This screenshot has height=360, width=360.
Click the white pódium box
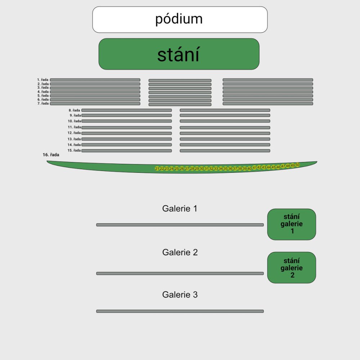click(x=180, y=19)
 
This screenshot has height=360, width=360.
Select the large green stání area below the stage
click(x=179, y=54)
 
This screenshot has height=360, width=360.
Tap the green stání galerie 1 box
click(x=292, y=224)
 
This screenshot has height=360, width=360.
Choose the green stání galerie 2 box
click(x=292, y=267)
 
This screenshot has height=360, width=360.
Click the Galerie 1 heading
click(x=180, y=208)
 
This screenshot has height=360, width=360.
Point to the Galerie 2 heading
click(x=180, y=252)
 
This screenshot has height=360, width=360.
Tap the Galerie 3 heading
click(x=180, y=295)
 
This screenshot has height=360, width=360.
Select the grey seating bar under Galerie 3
click(x=180, y=311)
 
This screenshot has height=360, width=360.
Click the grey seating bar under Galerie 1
click(x=180, y=225)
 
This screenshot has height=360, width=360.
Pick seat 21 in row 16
click(x=157, y=168)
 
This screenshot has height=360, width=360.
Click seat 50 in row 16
click(x=297, y=165)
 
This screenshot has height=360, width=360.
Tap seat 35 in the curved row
click(x=225, y=168)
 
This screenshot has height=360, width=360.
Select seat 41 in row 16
click(x=255, y=167)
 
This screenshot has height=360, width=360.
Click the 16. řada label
click(x=51, y=155)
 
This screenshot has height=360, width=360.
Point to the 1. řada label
click(x=43, y=80)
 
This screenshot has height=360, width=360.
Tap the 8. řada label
click(x=75, y=110)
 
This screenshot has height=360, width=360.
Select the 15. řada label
click(x=74, y=150)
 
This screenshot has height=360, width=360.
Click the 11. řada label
click(x=74, y=127)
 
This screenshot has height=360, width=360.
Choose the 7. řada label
click(x=43, y=104)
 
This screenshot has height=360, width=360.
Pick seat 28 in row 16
click(x=192, y=168)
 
